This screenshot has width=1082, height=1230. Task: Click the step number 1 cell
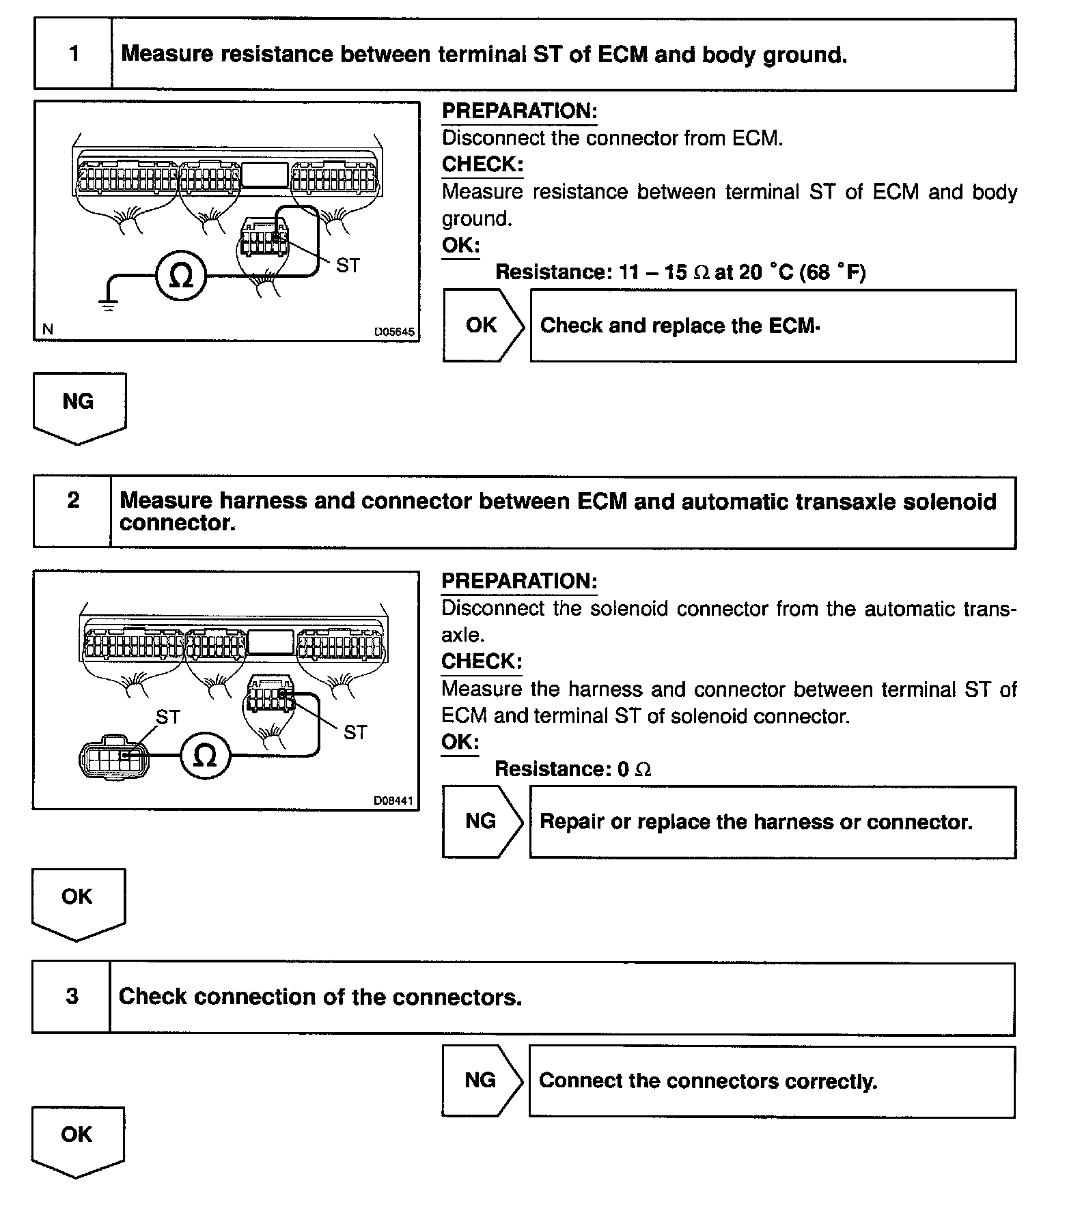coord(74,54)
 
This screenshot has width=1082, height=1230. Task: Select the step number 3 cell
coord(72,997)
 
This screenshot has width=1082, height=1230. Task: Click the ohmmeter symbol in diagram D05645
coord(180,275)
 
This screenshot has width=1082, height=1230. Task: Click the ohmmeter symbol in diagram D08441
coord(205,755)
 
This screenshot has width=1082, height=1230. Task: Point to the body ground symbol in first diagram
coord(108,303)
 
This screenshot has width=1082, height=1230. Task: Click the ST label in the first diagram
coord(348,266)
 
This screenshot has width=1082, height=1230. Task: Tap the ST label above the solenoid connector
coord(168,717)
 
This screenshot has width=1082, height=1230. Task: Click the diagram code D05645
coord(393,332)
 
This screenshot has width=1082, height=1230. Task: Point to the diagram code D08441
coord(393,800)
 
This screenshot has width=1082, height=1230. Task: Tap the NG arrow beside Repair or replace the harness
coord(482,821)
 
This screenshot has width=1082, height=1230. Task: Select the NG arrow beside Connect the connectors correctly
coord(481,1080)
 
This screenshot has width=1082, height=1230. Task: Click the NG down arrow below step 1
coord(79,405)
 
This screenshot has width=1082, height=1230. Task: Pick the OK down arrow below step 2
coord(78,901)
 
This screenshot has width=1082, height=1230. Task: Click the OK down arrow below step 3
coord(77,1139)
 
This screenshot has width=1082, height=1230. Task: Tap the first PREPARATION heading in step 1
coord(519,111)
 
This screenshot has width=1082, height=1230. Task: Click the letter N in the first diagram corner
coord(47,330)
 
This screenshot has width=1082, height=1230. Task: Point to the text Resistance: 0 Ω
coord(572,769)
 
